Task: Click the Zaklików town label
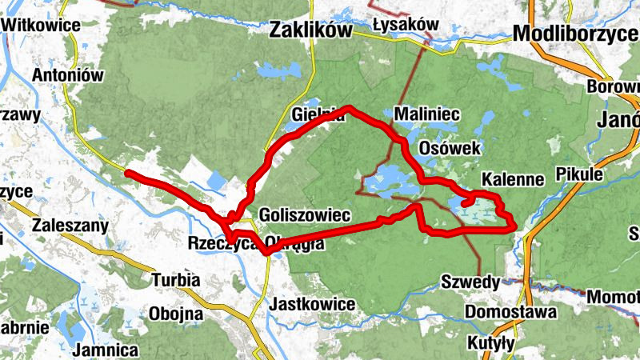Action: click(x=311, y=30)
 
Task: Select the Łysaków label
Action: click(x=406, y=25)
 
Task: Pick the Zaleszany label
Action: click(x=70, y=226)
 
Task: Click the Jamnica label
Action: click(x=105, y=350)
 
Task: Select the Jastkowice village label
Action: click(x=313, y=304)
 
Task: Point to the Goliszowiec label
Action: click(x=306, y=215)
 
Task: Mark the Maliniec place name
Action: click(x=426, y=114)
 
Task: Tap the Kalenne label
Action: click(x=513, y=178)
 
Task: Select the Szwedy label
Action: click(x=470, y=282)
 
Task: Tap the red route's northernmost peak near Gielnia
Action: click(x=349, y=107)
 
